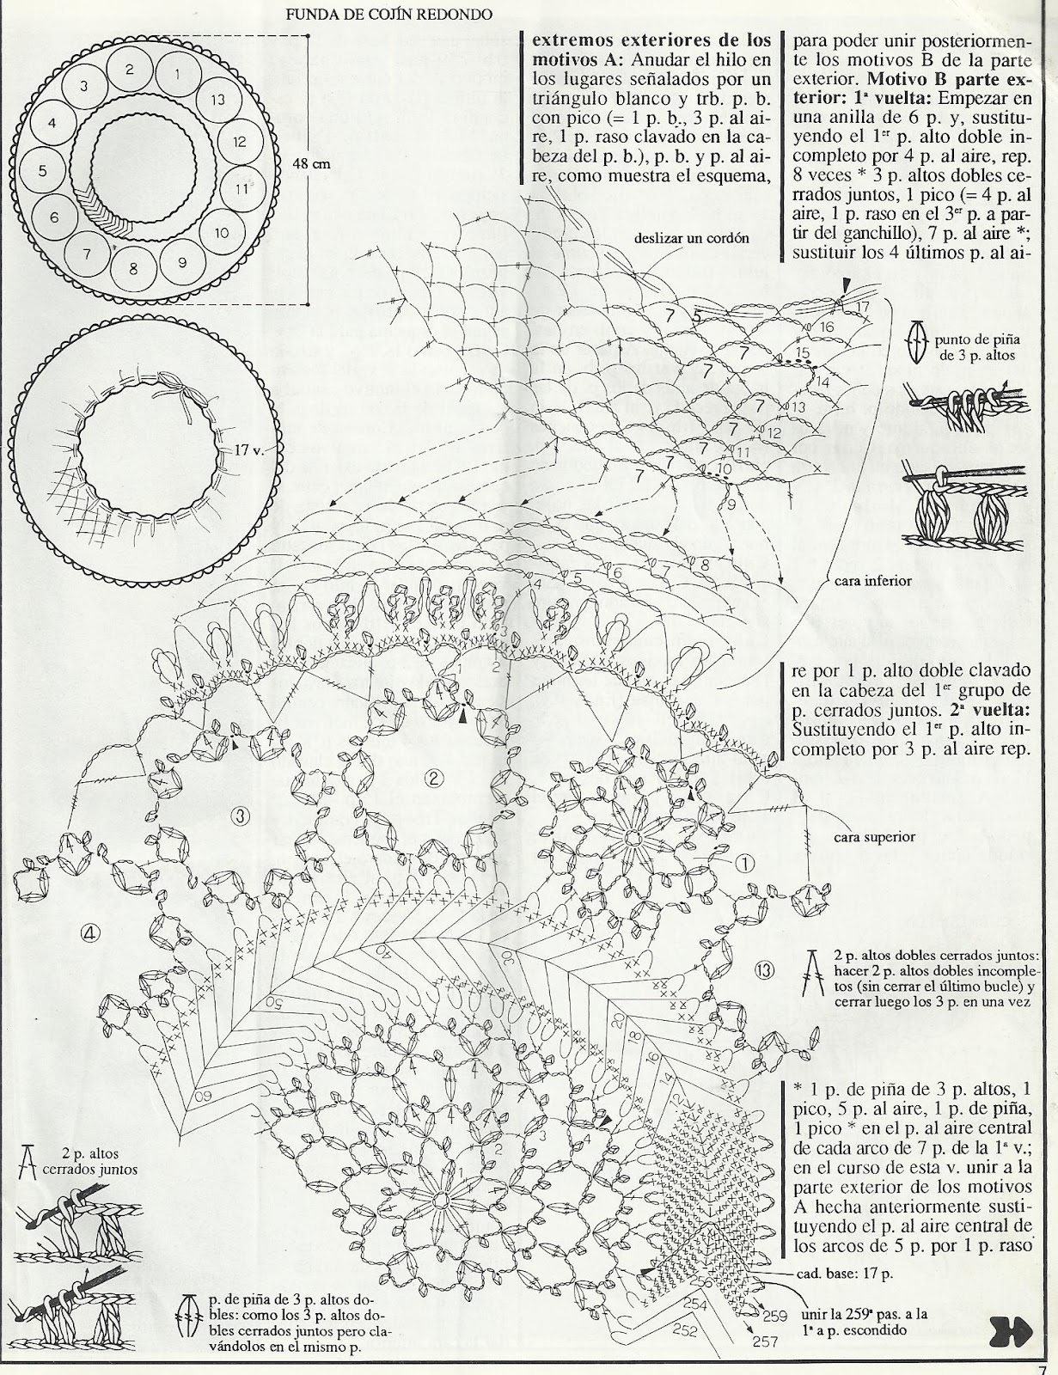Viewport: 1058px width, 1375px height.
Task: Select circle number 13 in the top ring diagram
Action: pyautogui.click(x=217, y=101)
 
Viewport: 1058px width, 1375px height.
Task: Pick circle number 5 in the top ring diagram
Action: pyautogui.click(x=42, y=170)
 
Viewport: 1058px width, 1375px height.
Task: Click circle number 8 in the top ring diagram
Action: pyautogui.click(x=133, y=268)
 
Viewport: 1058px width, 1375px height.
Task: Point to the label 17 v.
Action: pyautogui.click(x=248, y=449)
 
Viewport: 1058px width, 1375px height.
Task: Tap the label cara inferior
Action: pyautogui.click(x=872, y=580)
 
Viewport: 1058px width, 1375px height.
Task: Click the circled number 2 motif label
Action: pyautogui.click(x=434, y=779)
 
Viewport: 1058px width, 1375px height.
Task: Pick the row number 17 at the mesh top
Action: pyautogui.click(x=862, y=306)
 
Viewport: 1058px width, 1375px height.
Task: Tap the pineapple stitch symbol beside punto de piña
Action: pyautogui.click(x=917, y=338)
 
